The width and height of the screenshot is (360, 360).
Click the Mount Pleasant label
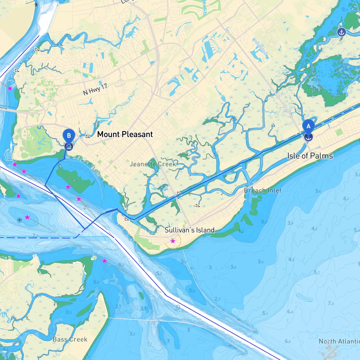pyautogui.click(x=125, y=134)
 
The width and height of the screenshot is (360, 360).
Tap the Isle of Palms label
pyautogui.click(x=310, y=156)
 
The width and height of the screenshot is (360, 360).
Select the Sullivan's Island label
pyautogui.click(x=189, y=230)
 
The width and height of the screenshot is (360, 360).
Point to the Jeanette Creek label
pyautogui.click(x=153, y=164)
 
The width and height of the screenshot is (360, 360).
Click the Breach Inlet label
pyautogui.click(x=263, y=190)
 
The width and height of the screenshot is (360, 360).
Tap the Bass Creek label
pyautogui.click(x=70, y=339)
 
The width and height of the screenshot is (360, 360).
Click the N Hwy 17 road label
pyautogui.click(x=95, y=89)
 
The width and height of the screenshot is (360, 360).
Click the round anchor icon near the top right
pyautogui.click(x=341, y=32)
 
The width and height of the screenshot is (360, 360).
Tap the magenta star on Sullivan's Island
pyautogui.click(x=173, y=241)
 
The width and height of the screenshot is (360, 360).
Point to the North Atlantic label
pyautogui.click(x=339, y=341)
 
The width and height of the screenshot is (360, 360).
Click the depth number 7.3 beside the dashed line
pyautogui.click(x=35, y=236)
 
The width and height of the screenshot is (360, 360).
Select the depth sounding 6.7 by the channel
pyautogui.click(x=121, y=265)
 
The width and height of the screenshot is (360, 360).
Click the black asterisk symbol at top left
pyautogui.click(x=36, y=4)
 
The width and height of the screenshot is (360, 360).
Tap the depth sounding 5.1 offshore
pyautogui.click(x=265, y=313)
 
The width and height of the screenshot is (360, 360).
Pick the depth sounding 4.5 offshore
pyautogui.click(x=291, y=259)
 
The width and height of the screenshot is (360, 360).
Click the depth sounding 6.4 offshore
pyautogui.click(x=290, y=311)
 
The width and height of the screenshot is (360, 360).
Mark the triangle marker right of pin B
pyautogui.click(x=88, y=136)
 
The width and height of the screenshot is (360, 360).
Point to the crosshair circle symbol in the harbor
pyautogui.click(x=19, y=220)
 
